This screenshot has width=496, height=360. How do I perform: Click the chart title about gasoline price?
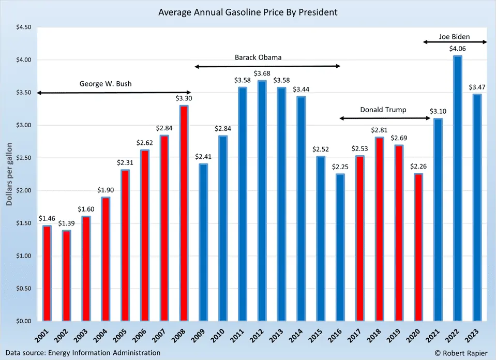[248, 11]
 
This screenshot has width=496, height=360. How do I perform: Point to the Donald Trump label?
[383, 110]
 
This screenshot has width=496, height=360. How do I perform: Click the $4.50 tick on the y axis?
[22, 27]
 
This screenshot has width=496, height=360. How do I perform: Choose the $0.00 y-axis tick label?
[22, 321]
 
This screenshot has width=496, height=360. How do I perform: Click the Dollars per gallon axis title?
[9, 173]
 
